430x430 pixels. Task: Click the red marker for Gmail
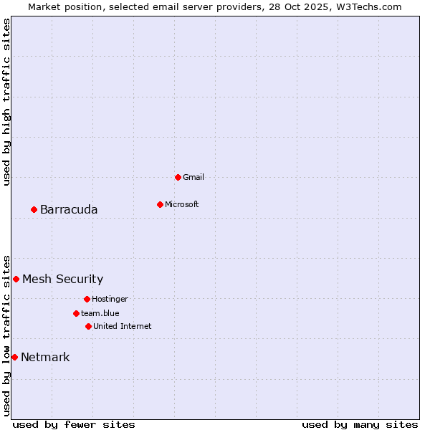point(178,177)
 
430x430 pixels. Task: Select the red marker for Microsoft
point(160,204)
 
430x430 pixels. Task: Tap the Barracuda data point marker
point(34,209)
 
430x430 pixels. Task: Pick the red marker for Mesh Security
point(16,279)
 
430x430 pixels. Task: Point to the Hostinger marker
point(87,299)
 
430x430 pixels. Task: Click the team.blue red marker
point(76,313)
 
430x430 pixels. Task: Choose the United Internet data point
point(88,326)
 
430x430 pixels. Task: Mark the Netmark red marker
point(14,357)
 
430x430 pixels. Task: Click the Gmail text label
point(193,177)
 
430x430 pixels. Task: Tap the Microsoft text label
point(182,204)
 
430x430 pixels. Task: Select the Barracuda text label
point(69,209)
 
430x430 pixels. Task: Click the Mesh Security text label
point(62,279)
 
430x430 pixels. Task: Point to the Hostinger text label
point(110,299)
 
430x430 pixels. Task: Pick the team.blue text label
point(100,313)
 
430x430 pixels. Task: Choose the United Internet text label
point(122,326)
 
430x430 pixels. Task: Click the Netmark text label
point(45,357)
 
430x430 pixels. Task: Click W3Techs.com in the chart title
point(367,6)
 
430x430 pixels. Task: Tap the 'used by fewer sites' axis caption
point(74,424)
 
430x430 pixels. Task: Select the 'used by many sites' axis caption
point(360,424)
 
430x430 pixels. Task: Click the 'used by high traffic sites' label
point(6,102)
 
